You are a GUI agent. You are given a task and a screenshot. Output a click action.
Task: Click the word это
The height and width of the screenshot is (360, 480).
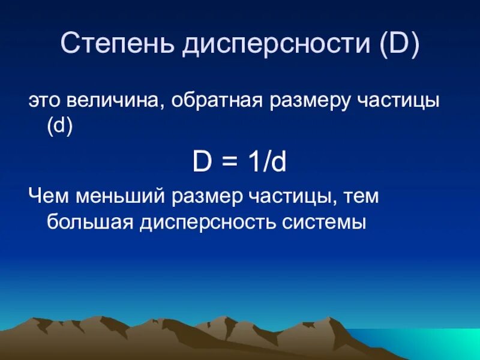coord(45,101)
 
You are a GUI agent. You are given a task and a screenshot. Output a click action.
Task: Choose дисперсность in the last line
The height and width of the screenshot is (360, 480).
coord(208,223)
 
